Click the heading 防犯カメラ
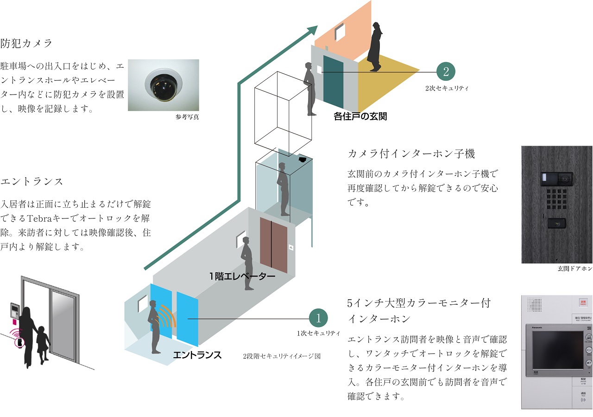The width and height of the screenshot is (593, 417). click(27, 44)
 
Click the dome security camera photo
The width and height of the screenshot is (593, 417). click(163, 85)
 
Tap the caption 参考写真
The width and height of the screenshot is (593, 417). click(187, 117)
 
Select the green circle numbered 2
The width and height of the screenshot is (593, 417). click(446, 72)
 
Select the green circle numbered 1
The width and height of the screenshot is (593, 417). click(318, 318)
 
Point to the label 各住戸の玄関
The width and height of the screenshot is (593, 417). click(360, 116)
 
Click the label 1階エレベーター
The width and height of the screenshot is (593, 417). click(242, 276)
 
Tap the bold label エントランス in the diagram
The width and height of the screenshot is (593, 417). click(197, 355)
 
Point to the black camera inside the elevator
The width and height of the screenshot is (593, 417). click(302, 159)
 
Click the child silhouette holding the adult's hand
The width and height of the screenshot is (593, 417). click(42, 343)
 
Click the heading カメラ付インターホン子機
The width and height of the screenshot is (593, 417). click(411, 154)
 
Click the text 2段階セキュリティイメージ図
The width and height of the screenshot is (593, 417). click(281, 356)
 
